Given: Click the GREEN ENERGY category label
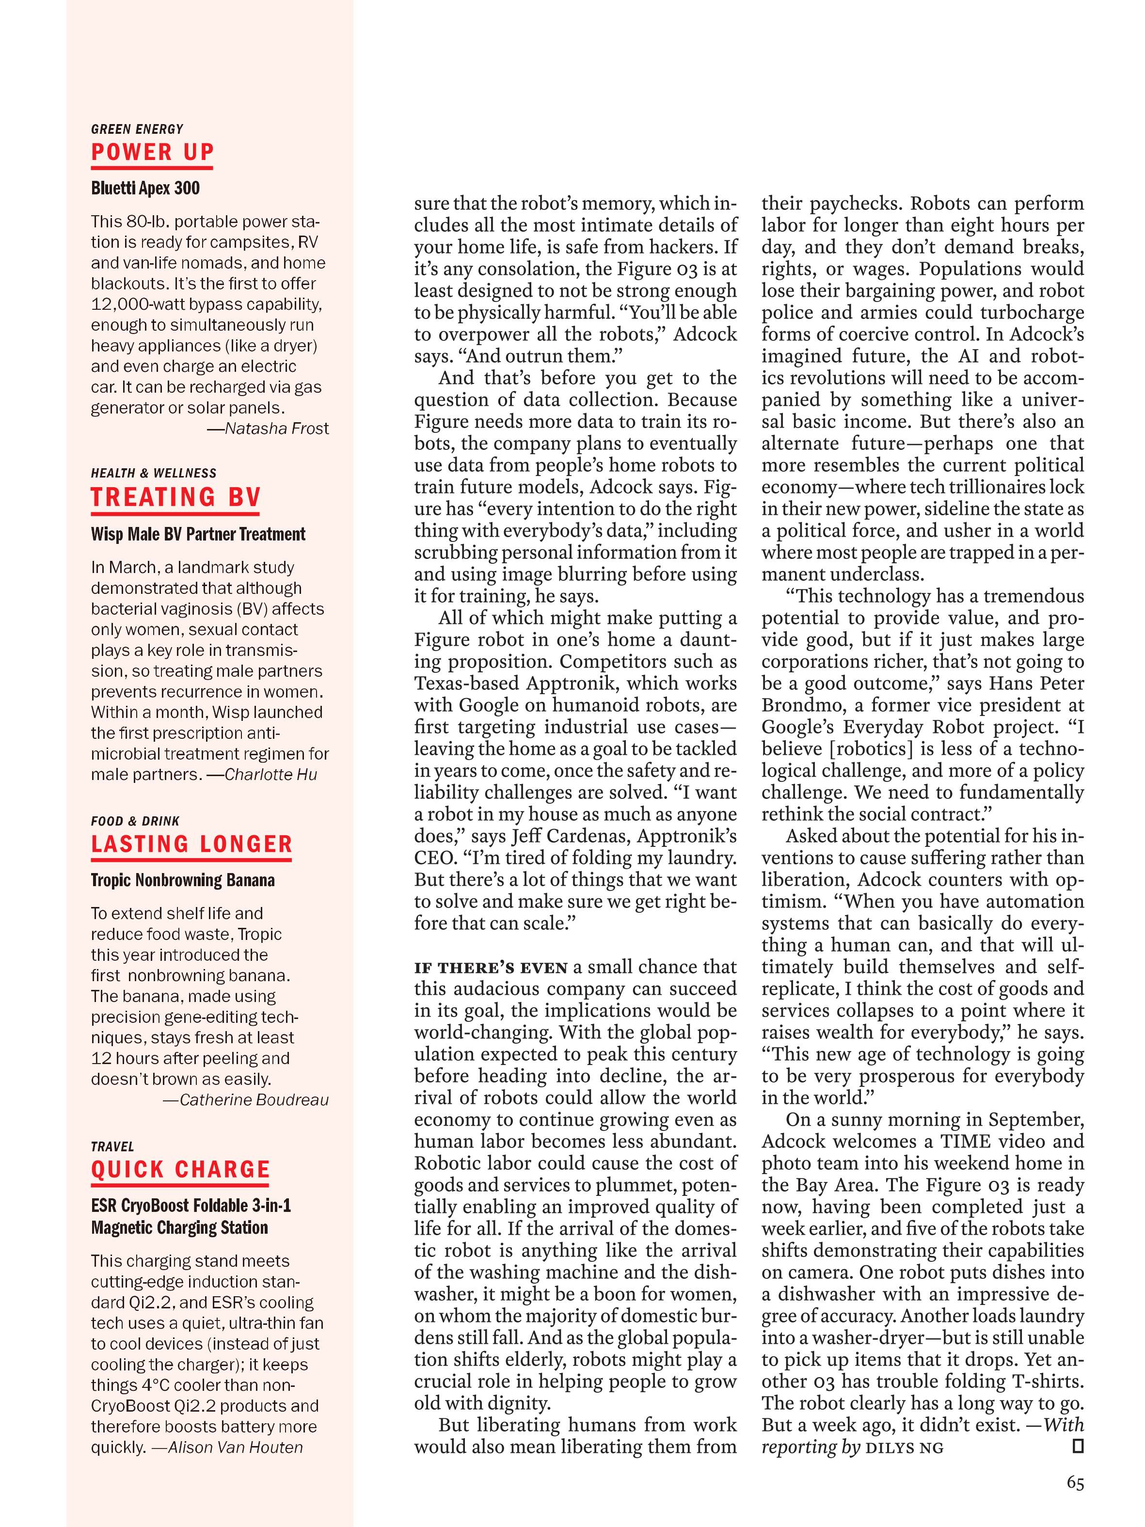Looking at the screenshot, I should pos(137,129).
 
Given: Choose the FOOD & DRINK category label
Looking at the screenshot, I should pos(135,821).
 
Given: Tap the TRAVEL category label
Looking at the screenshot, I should pos(112,1146).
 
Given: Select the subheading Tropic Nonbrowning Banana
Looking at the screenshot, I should pos(183,880).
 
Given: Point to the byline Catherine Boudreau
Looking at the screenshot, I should pos(254,1100).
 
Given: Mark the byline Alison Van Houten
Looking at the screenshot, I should pos(235,1447).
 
